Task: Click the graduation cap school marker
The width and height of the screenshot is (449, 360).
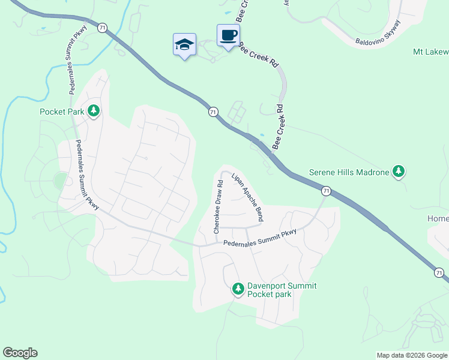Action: click(184, 44)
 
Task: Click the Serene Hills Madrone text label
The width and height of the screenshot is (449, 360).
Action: click(348, 172)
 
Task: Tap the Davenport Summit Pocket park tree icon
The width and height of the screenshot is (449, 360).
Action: click(238, 290)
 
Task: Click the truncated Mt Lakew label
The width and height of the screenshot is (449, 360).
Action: click(430, 52)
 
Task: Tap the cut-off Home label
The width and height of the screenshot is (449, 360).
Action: click(438, 219)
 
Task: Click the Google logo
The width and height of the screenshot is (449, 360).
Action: click(20, 353)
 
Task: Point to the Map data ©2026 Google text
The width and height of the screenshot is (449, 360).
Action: click(412, 355)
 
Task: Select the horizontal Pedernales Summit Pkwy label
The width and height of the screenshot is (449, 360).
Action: click(260, 238)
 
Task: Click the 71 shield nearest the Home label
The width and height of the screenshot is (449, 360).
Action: click(439, 273)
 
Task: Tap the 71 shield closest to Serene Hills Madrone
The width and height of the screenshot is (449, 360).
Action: click(326, 191)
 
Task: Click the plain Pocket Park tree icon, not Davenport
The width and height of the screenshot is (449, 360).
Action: click(94, 111)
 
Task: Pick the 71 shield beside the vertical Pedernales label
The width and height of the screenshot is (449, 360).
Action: click(103, 28)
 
